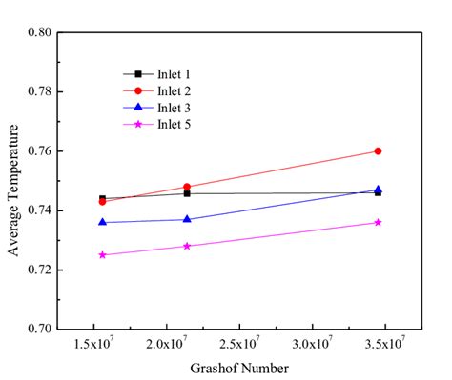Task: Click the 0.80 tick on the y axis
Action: pos(39,32)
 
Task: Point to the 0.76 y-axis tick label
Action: pos(39,151)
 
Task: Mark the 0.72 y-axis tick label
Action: pos(39,270)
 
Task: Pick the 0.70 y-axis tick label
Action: pos(39,330)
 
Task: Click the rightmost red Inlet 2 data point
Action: pos(379,150)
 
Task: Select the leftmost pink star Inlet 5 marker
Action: pos(102,254)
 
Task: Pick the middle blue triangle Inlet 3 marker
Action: pos(187,219)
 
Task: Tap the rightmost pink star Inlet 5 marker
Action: pos(379,222)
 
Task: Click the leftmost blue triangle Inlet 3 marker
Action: pos(102,222)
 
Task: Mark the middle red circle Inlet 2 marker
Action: pos(187,187)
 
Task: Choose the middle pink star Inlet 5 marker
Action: pos(187,246)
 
